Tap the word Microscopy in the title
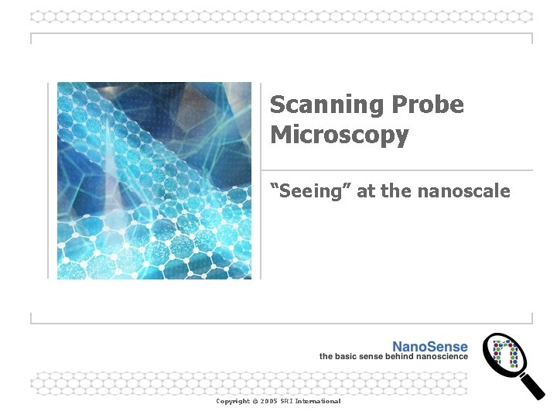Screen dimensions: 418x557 [339, 135]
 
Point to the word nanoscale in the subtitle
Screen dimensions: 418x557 [463, 190]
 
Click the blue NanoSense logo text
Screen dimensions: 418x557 [429, 347]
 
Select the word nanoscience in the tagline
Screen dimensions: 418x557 [441, 356]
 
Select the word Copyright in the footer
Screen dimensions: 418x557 [233, 401]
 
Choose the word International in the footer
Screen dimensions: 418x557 [319, 401]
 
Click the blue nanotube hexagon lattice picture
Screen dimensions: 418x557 [154, 180]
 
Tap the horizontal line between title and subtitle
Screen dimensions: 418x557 [397, 170]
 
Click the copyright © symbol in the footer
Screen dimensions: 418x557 [255, 401]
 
